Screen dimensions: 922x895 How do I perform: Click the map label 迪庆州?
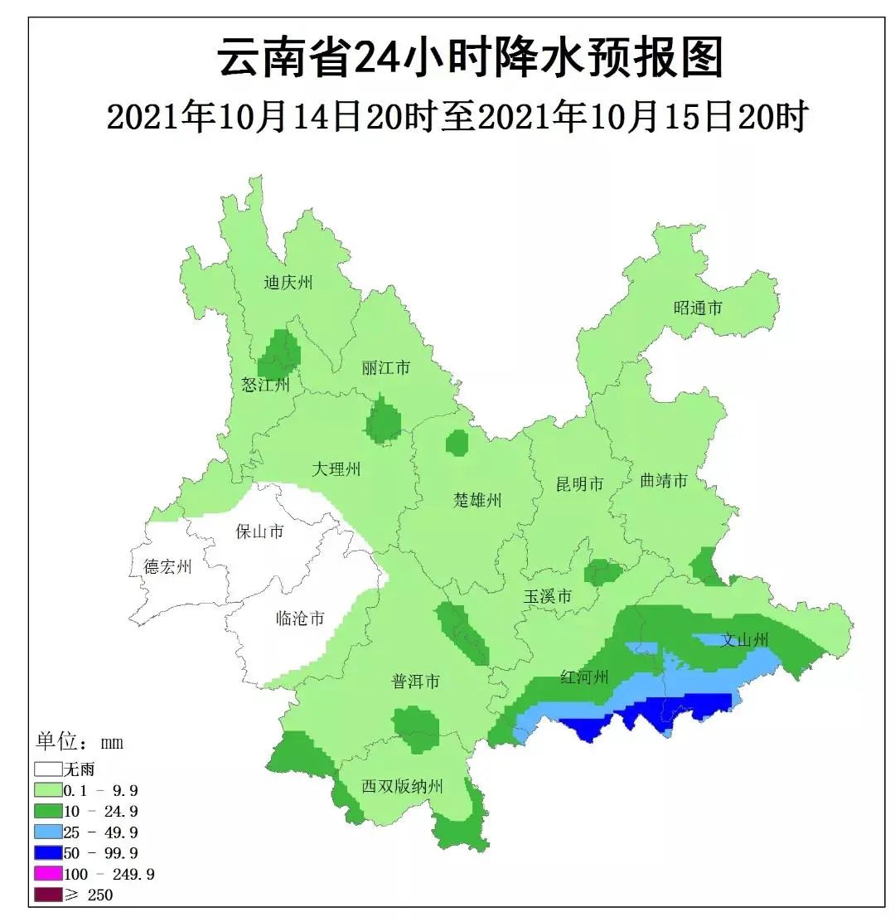(x=288, y=283)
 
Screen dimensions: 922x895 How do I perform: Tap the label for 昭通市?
(x=698, y=308)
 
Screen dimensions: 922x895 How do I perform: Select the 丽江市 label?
(x=386, y=367)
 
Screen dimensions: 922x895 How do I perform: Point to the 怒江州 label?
(x=266, y=385)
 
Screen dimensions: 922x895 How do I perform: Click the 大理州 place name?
(x=336, y=469)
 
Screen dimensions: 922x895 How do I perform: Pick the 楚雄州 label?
(x=478, y=500)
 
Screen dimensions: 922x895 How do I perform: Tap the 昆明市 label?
(x=580, y=484)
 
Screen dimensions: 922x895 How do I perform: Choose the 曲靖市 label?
(x=664, y=481)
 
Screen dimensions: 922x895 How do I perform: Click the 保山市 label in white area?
(x=260, y=531)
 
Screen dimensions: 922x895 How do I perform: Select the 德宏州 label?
(x=167, y=567)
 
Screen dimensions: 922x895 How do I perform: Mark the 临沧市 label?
(x=299, y=618)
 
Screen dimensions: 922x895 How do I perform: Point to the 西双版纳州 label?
(x=403, y=786)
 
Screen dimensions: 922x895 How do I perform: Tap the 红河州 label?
(x=585, y=677)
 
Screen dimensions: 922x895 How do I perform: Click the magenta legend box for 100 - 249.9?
(x=49, y=874)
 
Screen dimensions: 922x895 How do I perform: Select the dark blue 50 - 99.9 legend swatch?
(x=49, y=852)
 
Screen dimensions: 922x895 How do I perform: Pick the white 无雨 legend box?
(x=49, y=769)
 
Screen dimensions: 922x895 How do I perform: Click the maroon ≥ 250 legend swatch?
(x=49, y=895)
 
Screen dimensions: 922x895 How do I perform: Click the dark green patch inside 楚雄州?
(x=457, y=443)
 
